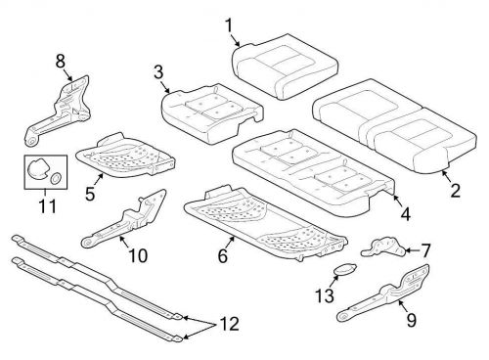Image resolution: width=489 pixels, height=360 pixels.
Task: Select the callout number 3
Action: [x=157, y=71]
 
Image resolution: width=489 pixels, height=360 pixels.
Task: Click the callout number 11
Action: [x=43, y=206]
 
